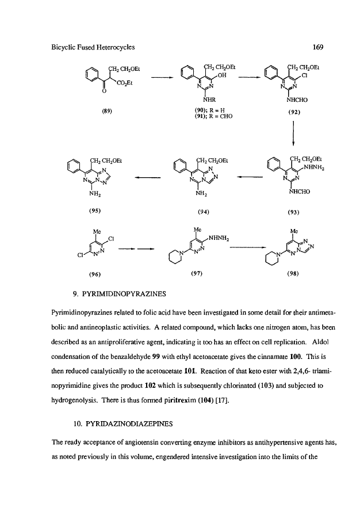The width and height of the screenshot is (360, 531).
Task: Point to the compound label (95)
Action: click(x=95, y=211)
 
